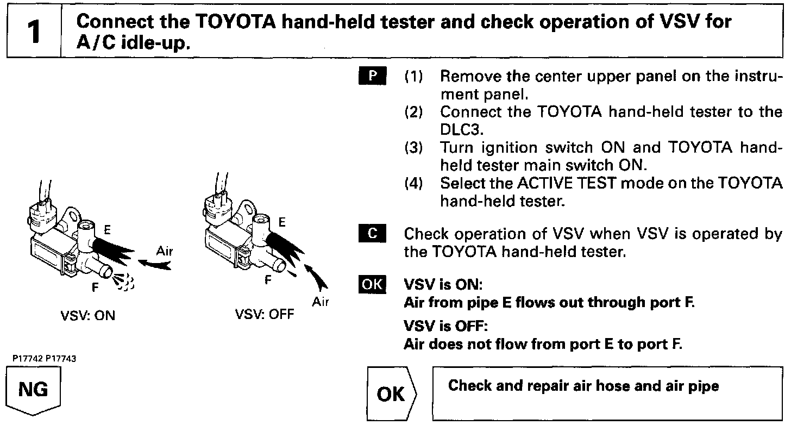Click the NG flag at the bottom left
point(33,390)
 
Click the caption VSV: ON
point(89,316)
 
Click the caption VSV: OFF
point(264,316)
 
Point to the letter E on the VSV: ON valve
point(108,230)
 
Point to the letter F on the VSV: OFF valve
point(267,282)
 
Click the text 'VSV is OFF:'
point(446,327)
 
